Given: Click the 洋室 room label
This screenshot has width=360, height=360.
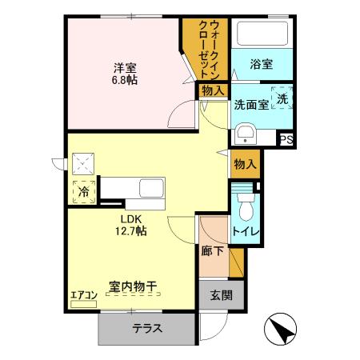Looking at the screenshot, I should tap(122, 67).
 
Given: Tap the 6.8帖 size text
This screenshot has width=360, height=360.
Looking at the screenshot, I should tap(122, 80).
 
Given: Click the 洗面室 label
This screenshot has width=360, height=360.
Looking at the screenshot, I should tap(250, 104).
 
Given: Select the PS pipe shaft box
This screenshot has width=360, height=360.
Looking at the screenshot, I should tap(287, 139).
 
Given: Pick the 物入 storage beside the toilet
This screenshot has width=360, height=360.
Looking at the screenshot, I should tap(245, 164).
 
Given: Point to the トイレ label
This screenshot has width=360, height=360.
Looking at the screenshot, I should tap(245, 232).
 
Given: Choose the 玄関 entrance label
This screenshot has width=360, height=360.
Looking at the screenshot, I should tap(222, 294).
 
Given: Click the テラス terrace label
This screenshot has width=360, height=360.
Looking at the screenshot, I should tap(147, 327).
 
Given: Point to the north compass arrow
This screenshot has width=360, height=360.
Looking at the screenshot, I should tap(282, 330).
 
